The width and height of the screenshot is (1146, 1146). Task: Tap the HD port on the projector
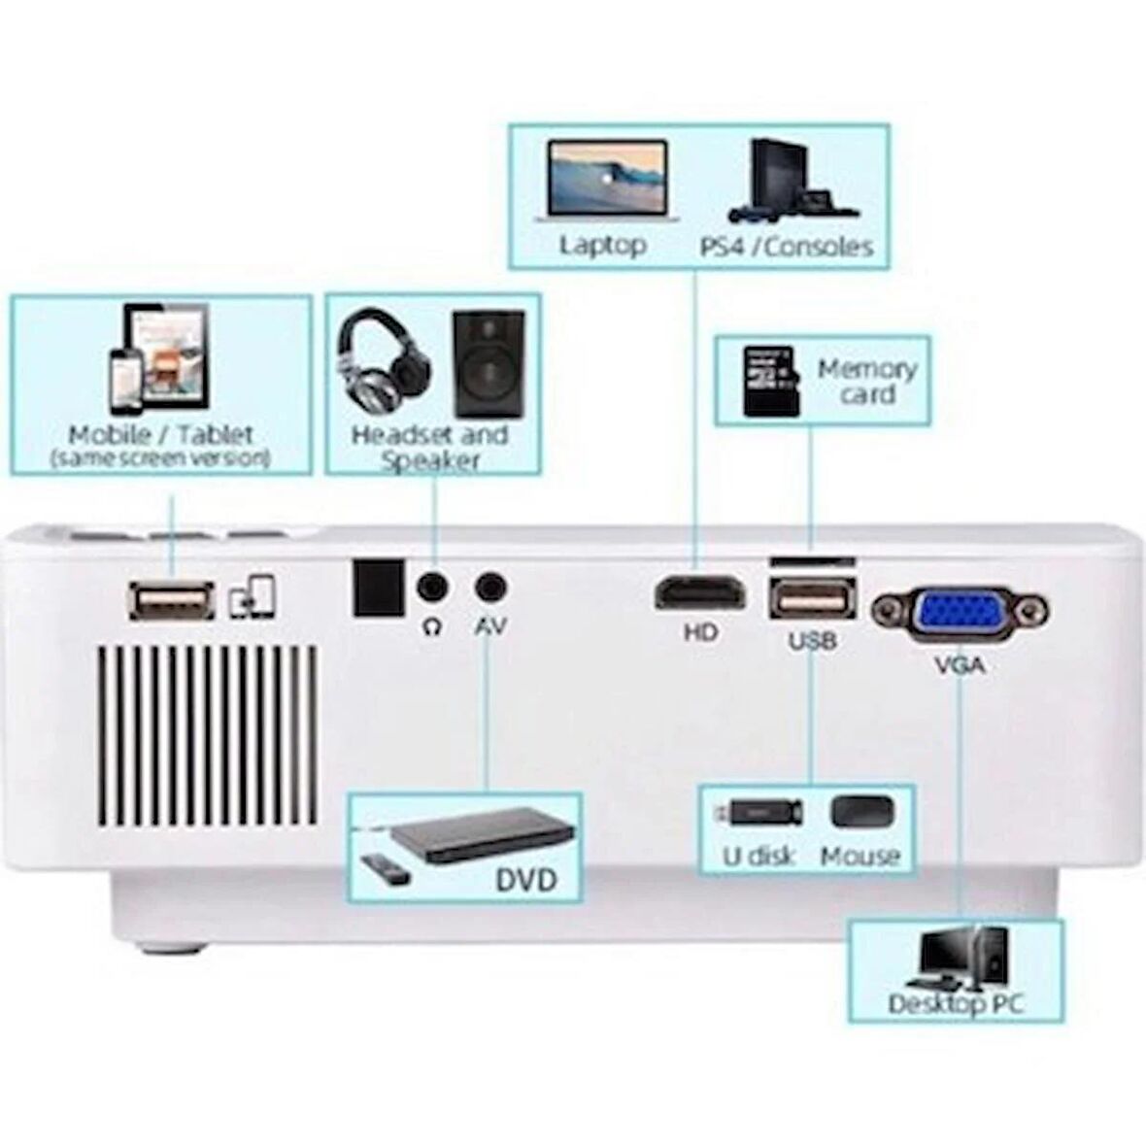pos(700,593)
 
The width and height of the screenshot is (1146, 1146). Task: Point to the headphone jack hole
pos(432,588)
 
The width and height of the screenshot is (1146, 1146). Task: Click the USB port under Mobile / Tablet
pos(171,601)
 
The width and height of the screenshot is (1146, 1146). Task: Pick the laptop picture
pos(606,179)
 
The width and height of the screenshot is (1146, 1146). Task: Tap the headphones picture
pos(385,360)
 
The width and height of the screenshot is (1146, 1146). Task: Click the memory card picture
pos(771,382)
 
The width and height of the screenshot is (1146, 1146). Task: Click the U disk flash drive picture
pos(758,812)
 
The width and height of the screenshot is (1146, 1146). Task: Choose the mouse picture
pos(861,812)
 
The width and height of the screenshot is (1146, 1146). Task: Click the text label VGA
pos(959,665)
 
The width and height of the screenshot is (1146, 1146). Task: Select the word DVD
pos(526,880)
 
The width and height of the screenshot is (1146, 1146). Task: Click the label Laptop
pos(603,245)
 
